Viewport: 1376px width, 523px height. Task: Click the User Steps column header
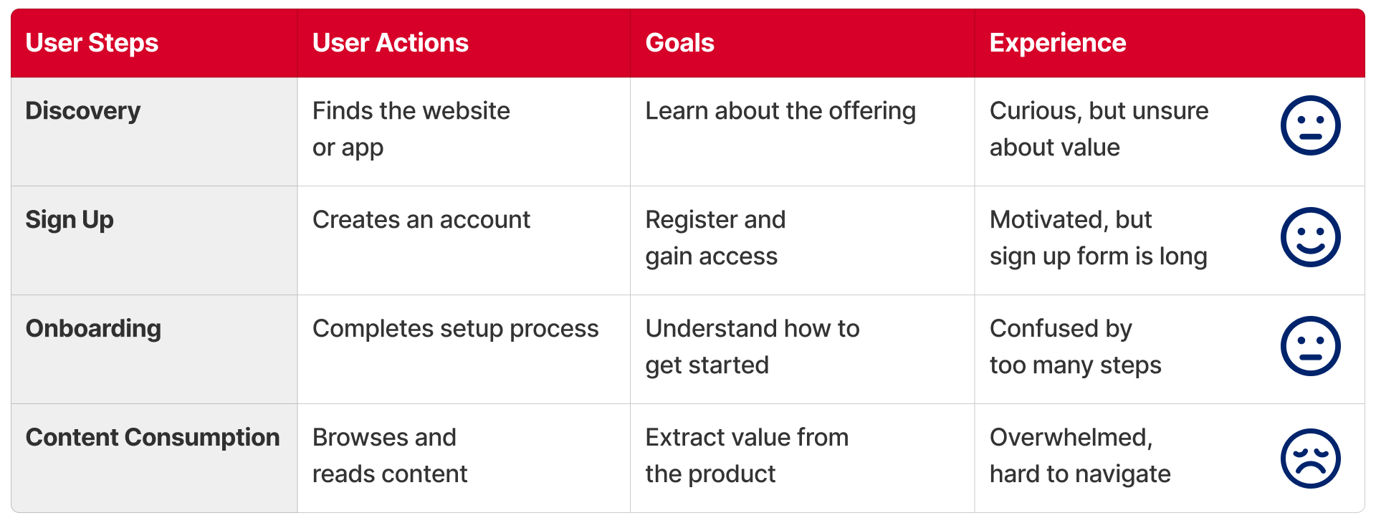coord(92,43)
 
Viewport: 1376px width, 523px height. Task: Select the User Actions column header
coord(391,43)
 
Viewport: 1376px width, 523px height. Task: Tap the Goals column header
coord(680,43)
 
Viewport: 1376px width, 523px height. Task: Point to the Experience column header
coord(1058,43)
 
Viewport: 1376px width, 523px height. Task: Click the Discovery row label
coord(83,111)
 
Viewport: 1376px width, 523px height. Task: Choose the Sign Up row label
coord(70,220)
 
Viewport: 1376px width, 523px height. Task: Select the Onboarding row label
coord(93,329)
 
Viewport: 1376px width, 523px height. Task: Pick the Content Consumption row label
coord(153,437)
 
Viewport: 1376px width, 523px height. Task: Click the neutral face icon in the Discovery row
coord(1310,125)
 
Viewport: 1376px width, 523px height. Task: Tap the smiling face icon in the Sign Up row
coord(1310,237)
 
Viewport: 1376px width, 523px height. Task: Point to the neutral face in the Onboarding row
coord(1310,346)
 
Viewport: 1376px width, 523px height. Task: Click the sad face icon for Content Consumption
coord(1310,459)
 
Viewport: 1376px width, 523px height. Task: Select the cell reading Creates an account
coord(421,220)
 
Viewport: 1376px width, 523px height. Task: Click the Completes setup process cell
coord(456,329)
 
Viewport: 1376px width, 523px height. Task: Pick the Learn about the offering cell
coord(780,111)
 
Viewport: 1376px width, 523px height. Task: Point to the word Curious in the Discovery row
coord(1036,111)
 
